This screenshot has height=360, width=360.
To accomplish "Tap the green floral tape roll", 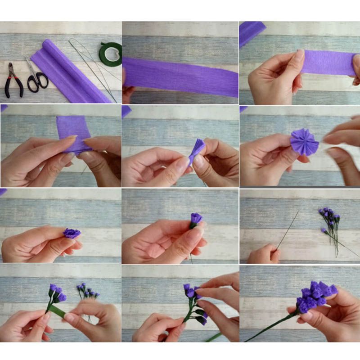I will pyautogui.click(x=110, y=54).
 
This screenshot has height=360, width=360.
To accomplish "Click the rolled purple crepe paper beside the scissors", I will pyautogui.click(x=67, y=67).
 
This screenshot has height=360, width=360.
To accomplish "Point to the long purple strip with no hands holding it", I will pyautogui.click(x=180, y=76).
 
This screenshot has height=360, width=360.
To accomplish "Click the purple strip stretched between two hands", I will pyautogui.click(x=328, y=63).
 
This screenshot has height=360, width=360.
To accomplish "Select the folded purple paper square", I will pyautogui.click(x=74, y=130).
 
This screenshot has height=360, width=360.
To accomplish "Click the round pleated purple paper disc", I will pyautogui.click(x=304, y=141).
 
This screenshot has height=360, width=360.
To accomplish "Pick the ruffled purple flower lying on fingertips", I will pyautogui.click(x=72, y=233).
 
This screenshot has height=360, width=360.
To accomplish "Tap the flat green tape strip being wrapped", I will pyautogui.click(x=57, y=311).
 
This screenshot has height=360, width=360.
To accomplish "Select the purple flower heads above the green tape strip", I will pyautogui.click(x=56, y=292).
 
